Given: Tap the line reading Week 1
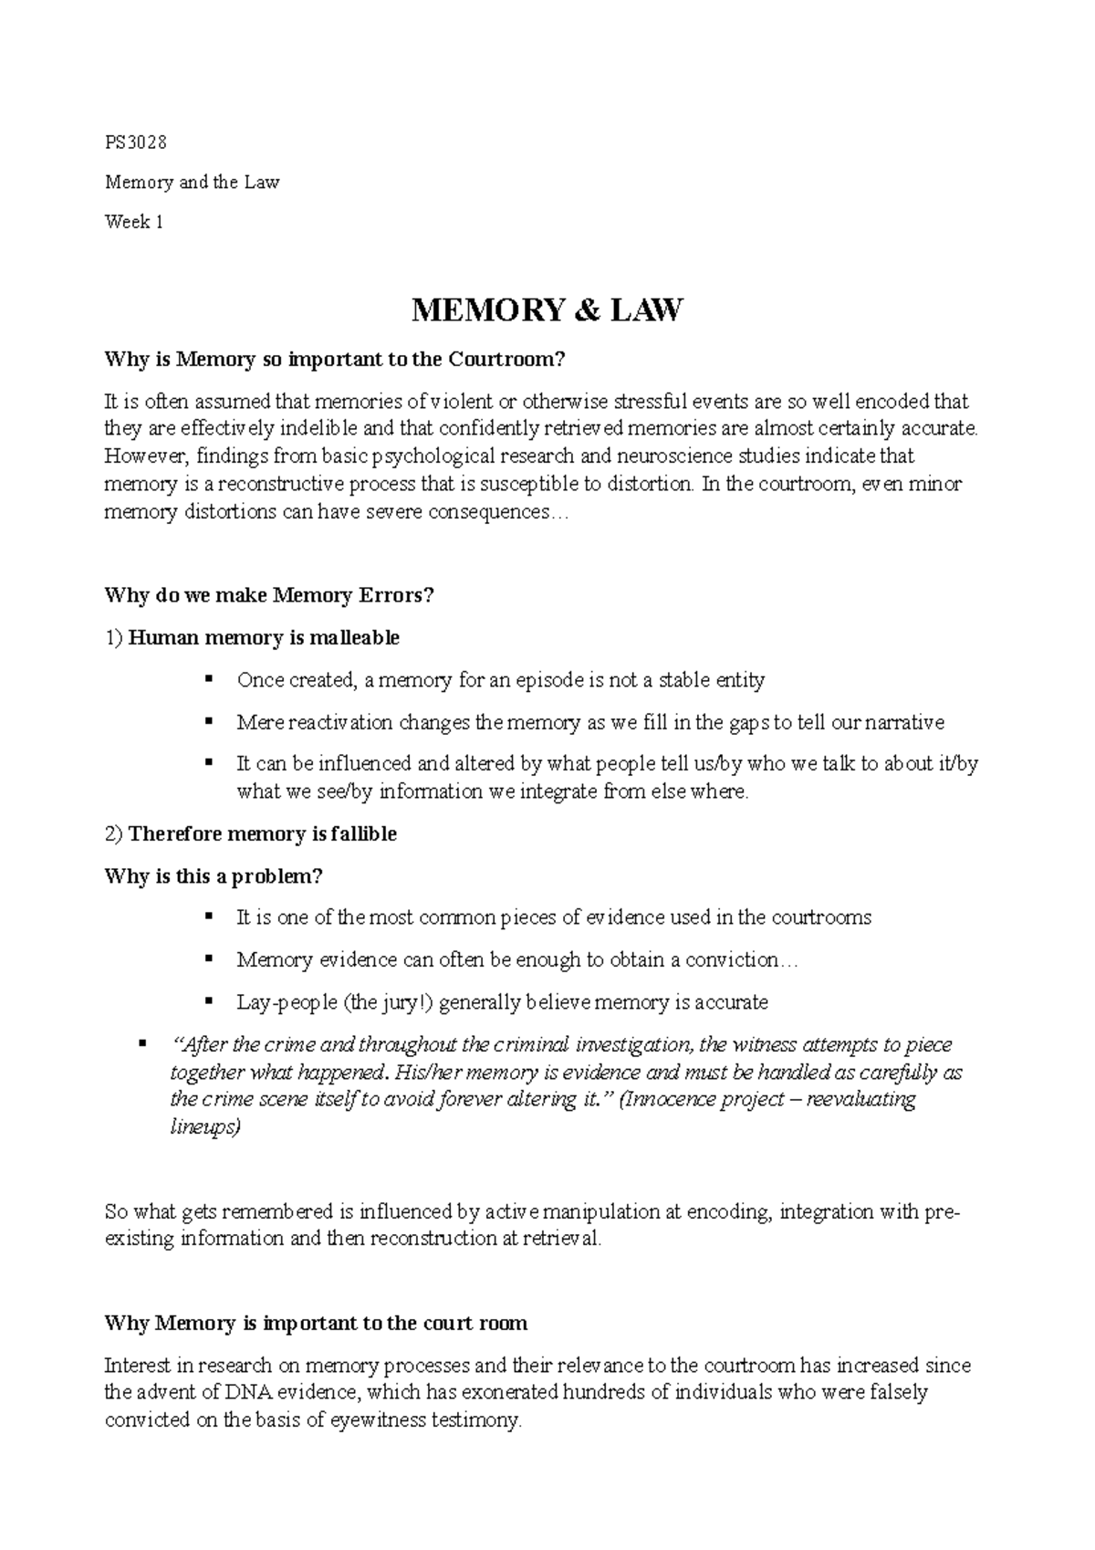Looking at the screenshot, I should click(134, 222).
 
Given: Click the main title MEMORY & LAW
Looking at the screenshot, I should click(547, 311).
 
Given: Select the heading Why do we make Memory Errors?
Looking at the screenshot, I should click(269, 596).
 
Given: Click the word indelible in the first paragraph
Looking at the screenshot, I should click(328, 428).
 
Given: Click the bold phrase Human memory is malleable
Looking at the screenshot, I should click(264, 637).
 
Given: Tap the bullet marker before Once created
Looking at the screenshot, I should click(209, 678).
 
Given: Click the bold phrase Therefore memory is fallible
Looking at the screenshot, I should click(262, 834).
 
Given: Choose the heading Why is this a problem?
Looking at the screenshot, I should click(214, 876).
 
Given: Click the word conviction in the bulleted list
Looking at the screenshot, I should click(735, 959).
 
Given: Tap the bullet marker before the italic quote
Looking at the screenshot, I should click(141, 1042).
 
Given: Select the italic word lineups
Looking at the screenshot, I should click(205, 1127).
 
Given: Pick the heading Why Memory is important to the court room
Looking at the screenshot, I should click(316, 1324).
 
